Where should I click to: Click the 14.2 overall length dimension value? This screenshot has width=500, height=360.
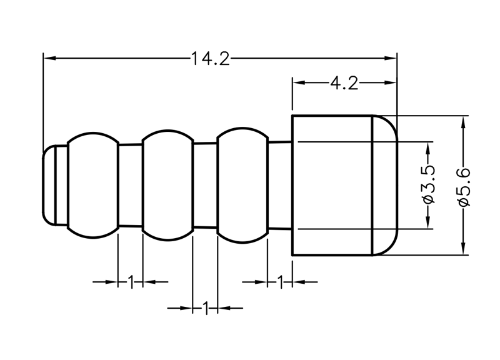click(211, 59)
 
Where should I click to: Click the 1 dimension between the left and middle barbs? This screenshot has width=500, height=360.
click(131, 282)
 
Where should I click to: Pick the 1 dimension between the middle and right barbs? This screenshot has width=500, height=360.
click(205, 307)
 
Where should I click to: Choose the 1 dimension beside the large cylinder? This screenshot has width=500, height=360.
click(280, 282)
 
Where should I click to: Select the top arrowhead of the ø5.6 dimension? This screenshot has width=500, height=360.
click(463, 121)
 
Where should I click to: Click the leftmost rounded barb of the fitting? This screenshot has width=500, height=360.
click(92, 185)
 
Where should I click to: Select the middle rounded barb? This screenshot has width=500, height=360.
click(167, 185)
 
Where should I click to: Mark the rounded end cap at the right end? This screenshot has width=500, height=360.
click(385, 185)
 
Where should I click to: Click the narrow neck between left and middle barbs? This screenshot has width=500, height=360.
click(131, 185)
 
